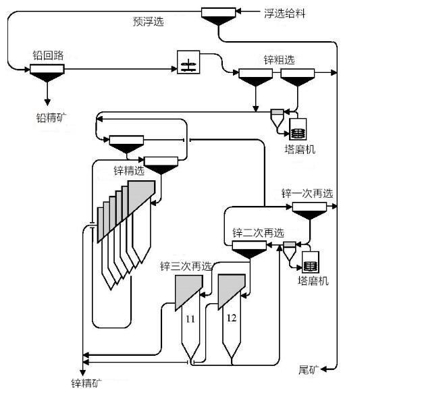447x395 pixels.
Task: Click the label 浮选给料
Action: point(284,13)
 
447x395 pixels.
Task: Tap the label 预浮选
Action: point(148,22)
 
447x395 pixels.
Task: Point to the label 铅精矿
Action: point(51,117)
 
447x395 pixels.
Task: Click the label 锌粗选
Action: point(279,60)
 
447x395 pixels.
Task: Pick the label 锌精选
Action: point(128,171)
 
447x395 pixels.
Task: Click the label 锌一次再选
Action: point(307,194)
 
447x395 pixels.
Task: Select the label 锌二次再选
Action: point(258,233)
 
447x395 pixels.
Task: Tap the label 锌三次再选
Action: point(186,266)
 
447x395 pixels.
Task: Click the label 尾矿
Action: point(308,370)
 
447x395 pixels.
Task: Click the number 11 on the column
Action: point(190,319)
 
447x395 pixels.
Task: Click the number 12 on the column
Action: point(232,318)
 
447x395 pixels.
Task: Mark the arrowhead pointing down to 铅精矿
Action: point(47,101)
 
